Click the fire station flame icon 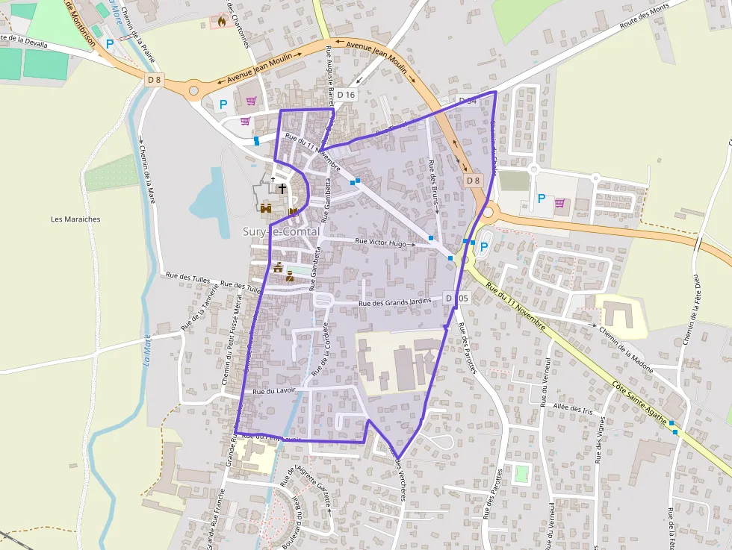[x=221, y=22]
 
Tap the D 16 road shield [x=346, y=95]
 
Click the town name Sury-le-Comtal [x=281, y=232]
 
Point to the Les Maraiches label [x=75, y=219]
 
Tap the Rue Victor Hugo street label [x=381, y=243]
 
